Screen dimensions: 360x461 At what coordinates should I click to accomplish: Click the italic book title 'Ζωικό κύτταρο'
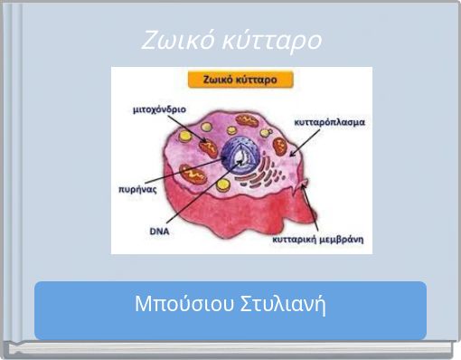coord(231,41)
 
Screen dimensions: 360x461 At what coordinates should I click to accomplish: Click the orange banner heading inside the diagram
coord(240,80)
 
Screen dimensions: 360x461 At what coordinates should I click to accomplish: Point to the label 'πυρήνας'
coord(137,190)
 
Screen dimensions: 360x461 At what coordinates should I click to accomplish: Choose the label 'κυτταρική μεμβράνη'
coord(318,241)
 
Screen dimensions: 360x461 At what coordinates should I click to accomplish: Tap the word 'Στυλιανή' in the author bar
coord(285,303)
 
